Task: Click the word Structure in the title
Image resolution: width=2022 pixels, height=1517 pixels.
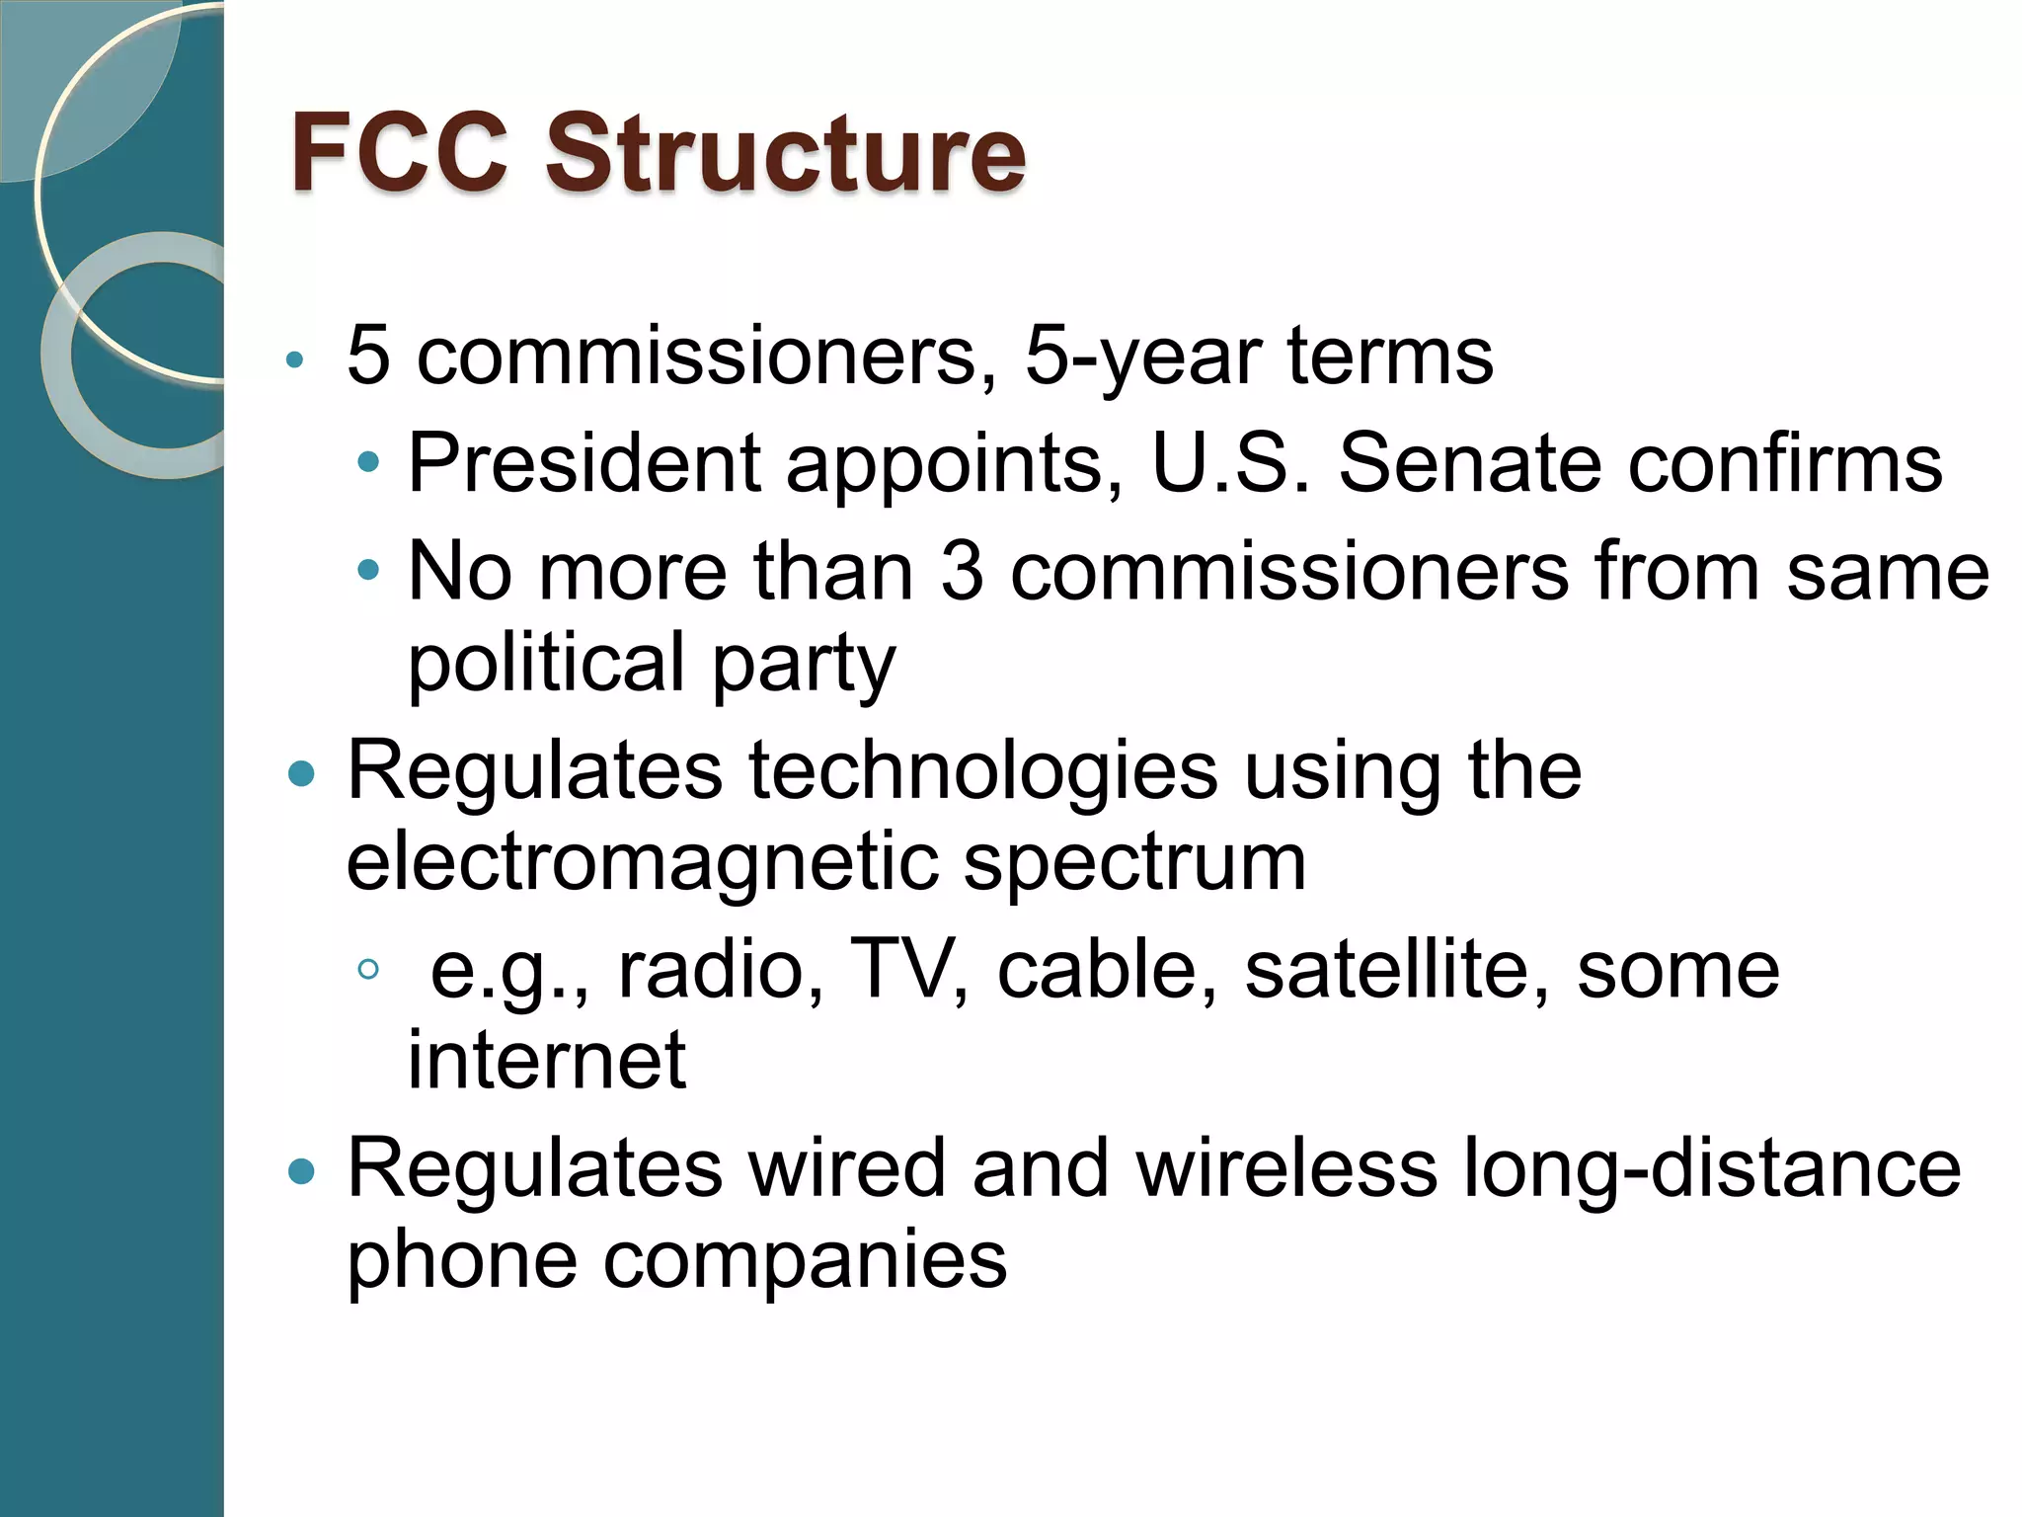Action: tap(785, 153)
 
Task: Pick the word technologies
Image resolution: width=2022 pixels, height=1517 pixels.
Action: tap(983, 771)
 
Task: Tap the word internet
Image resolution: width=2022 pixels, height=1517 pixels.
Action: tap(546, 1060)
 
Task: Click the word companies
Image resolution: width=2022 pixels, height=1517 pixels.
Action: tap(805, 1262)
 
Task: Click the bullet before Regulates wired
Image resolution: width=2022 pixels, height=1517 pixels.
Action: tap(300, 1172)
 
